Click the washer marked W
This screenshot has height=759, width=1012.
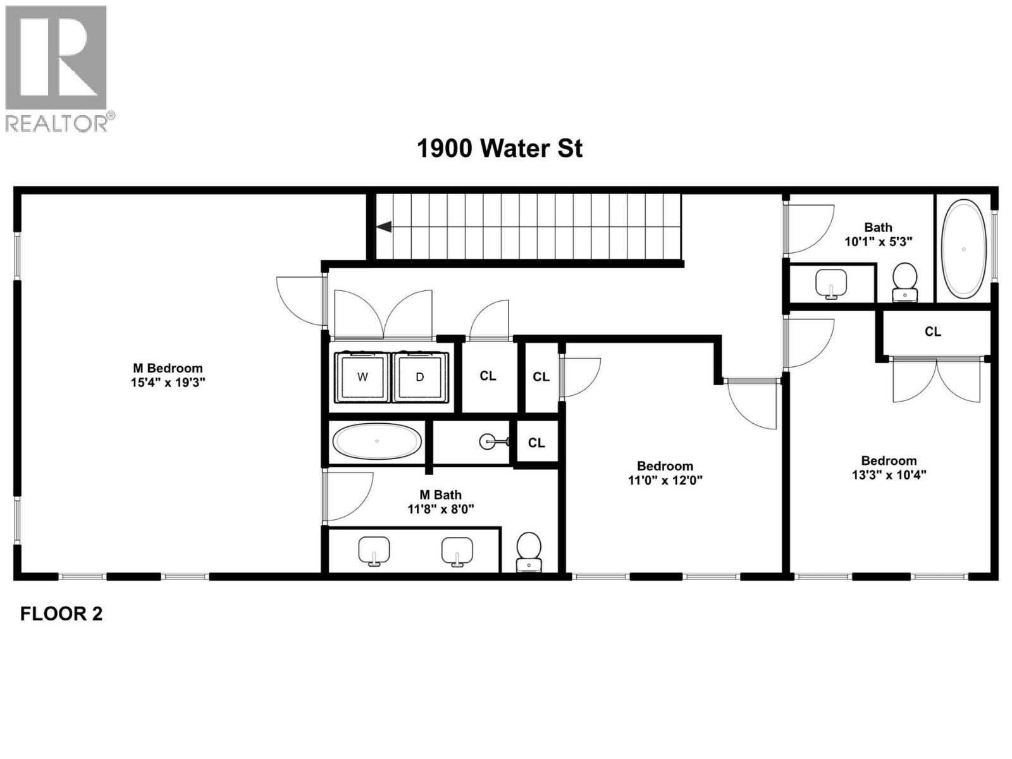[x=362, y=377]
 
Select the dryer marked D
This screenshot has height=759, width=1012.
[x=420, y=377]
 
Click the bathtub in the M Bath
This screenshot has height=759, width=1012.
[x=377, y=441]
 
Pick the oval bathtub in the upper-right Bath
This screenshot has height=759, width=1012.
[x=963, y=249]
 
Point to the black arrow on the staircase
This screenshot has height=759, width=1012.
[x=384, y=227]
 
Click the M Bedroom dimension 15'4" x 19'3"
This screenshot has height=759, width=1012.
[x=168, y=383]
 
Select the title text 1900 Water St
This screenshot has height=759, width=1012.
[x=500, y=149]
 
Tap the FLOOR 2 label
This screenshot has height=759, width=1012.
[x=61, y=614]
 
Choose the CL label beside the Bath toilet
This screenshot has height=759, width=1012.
[x=932, y=331]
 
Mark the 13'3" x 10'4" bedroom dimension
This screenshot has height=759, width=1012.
[x=889, y=474]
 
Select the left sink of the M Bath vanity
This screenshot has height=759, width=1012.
[x=374, y=550]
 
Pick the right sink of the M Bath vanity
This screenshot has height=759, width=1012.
[x=457, y=550]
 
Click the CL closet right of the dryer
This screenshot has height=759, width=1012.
[x=488, y=376]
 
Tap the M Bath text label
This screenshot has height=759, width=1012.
[x=441, y=495]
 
